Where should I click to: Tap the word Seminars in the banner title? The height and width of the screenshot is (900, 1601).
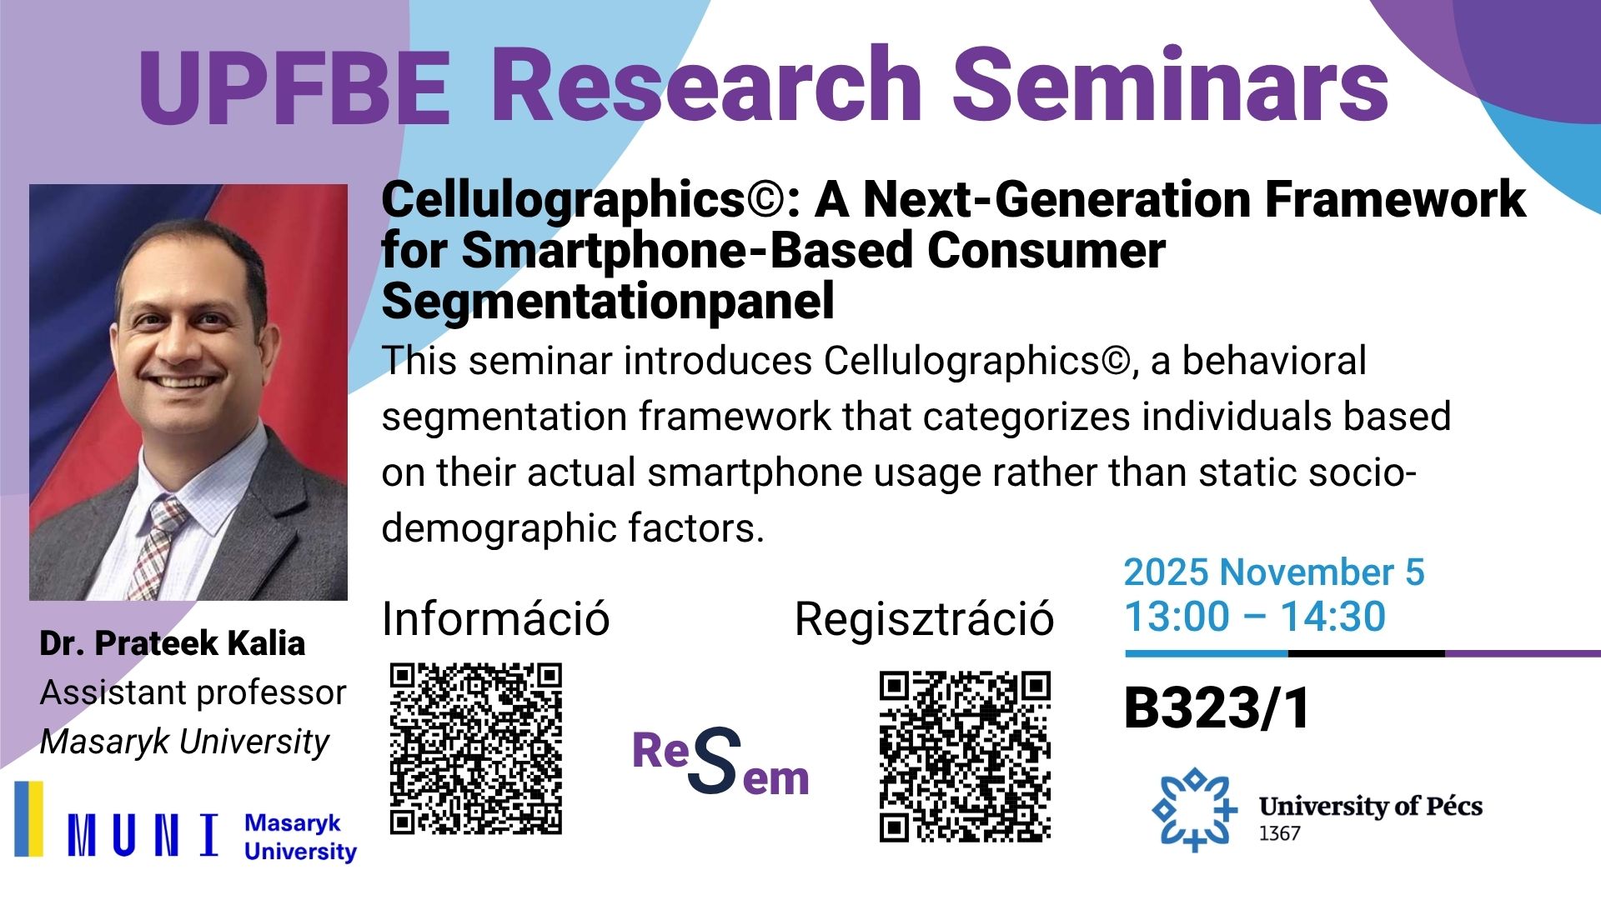click(1171, 83)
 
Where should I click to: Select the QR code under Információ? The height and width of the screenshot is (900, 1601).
click(476, 748)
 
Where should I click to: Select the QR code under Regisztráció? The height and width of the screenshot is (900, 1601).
click(965, 757)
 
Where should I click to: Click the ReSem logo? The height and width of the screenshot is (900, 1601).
click(721, 760)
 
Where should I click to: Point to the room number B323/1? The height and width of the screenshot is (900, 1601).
click(1217, 708)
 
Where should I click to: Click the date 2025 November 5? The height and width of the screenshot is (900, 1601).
click(1274, 572)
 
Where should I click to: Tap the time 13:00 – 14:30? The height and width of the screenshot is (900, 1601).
click(1255, 617)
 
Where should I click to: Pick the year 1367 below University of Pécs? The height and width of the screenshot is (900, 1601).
click(1279, 833)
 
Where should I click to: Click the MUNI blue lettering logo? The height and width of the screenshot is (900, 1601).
click(143, 835)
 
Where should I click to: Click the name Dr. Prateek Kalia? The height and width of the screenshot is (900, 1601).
click(173, 643)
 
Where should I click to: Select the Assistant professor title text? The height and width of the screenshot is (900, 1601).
click(193, 692)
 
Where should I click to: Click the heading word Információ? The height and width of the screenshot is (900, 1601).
click(495, 619)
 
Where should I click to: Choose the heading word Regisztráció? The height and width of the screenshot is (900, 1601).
click(924, 620)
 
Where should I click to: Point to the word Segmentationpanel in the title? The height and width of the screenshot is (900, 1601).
click(608, 301)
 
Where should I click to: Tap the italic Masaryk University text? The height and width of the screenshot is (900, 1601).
click(184, 742)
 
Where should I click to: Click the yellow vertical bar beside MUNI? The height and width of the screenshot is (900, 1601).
click(29, 818)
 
